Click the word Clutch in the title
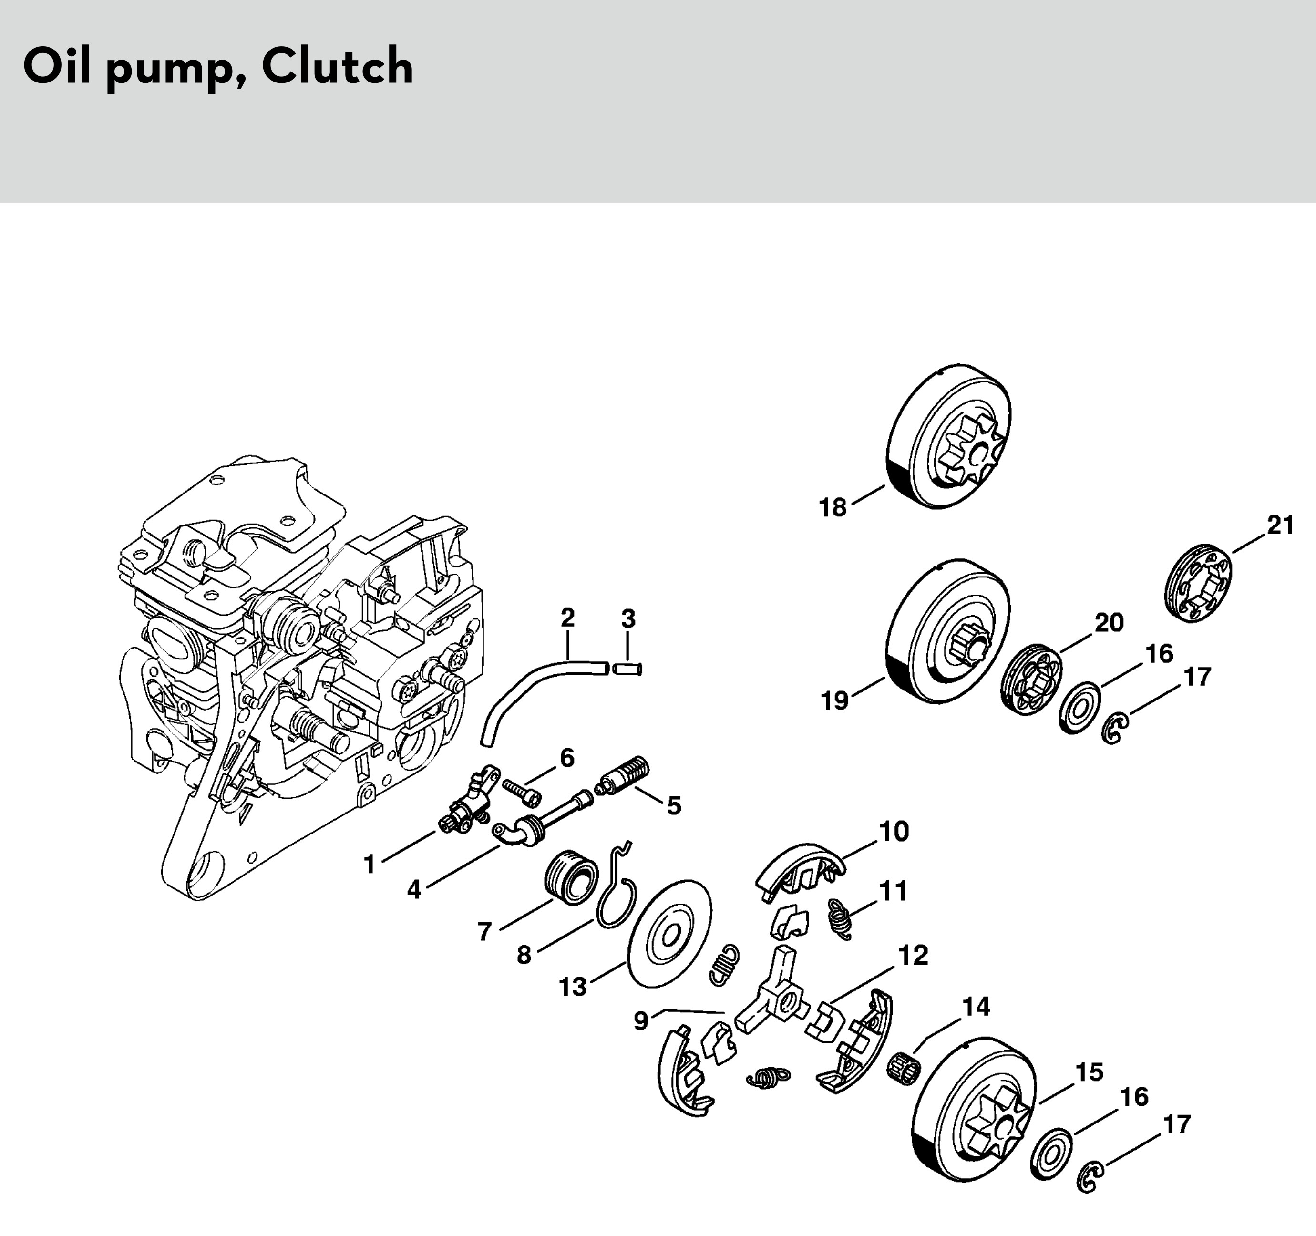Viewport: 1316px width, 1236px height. pos(337,67)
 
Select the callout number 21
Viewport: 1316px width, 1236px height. pos(1280,525)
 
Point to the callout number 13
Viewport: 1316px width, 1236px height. pos(573,987)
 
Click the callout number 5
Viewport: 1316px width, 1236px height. pos(674,806)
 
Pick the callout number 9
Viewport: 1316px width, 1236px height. pos(641,1021)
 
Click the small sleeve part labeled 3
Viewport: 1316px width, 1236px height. pos(627,669)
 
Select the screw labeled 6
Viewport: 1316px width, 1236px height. pos(522,792)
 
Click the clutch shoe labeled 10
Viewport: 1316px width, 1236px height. pos(799,867)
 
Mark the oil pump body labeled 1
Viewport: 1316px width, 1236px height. pos(467,803)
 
